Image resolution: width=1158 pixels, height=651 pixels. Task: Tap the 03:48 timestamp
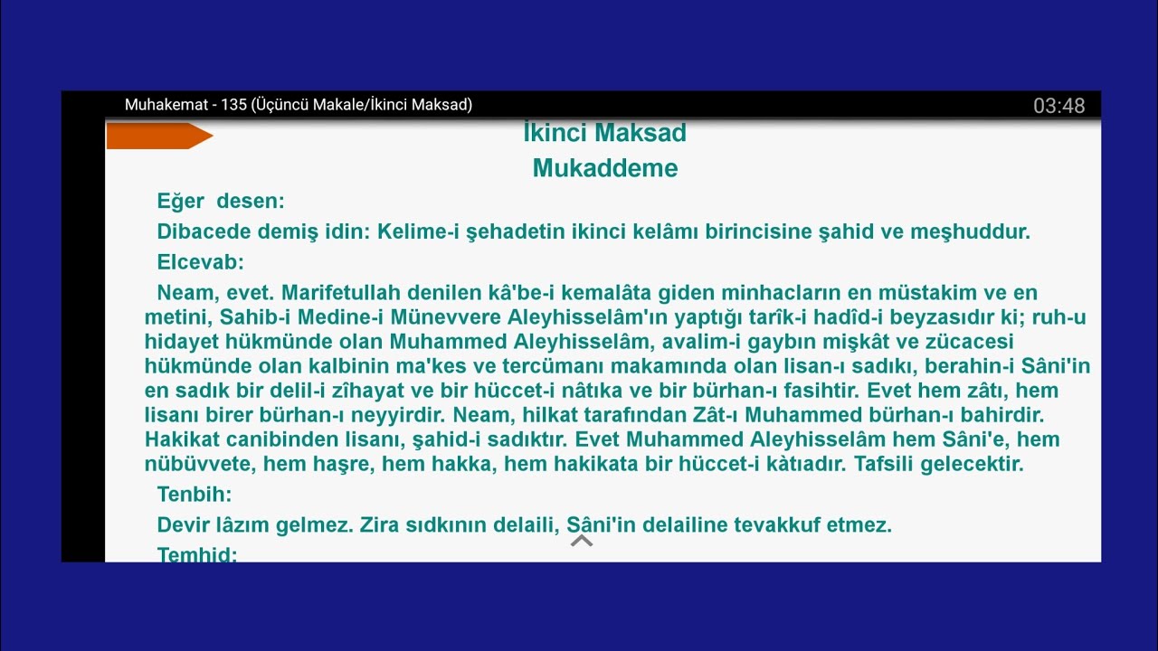coord(1058,106)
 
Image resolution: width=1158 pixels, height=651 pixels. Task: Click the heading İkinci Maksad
coord(604,133)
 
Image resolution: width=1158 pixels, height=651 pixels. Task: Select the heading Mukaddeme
coord(604,168)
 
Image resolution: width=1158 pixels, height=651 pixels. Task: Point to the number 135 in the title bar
coord(233,105)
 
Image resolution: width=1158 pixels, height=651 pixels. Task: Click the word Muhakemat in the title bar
coord(166,105)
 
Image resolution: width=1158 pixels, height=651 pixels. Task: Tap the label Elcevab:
coord(200,262)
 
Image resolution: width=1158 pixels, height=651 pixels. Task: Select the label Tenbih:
coord(194,495)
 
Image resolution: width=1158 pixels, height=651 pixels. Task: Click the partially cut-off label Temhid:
coord(196,554)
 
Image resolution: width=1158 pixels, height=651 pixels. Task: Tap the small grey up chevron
coord(582,541)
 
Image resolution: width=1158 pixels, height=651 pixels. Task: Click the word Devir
coord(181,524)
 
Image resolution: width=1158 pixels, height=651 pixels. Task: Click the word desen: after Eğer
coord(251,201)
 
